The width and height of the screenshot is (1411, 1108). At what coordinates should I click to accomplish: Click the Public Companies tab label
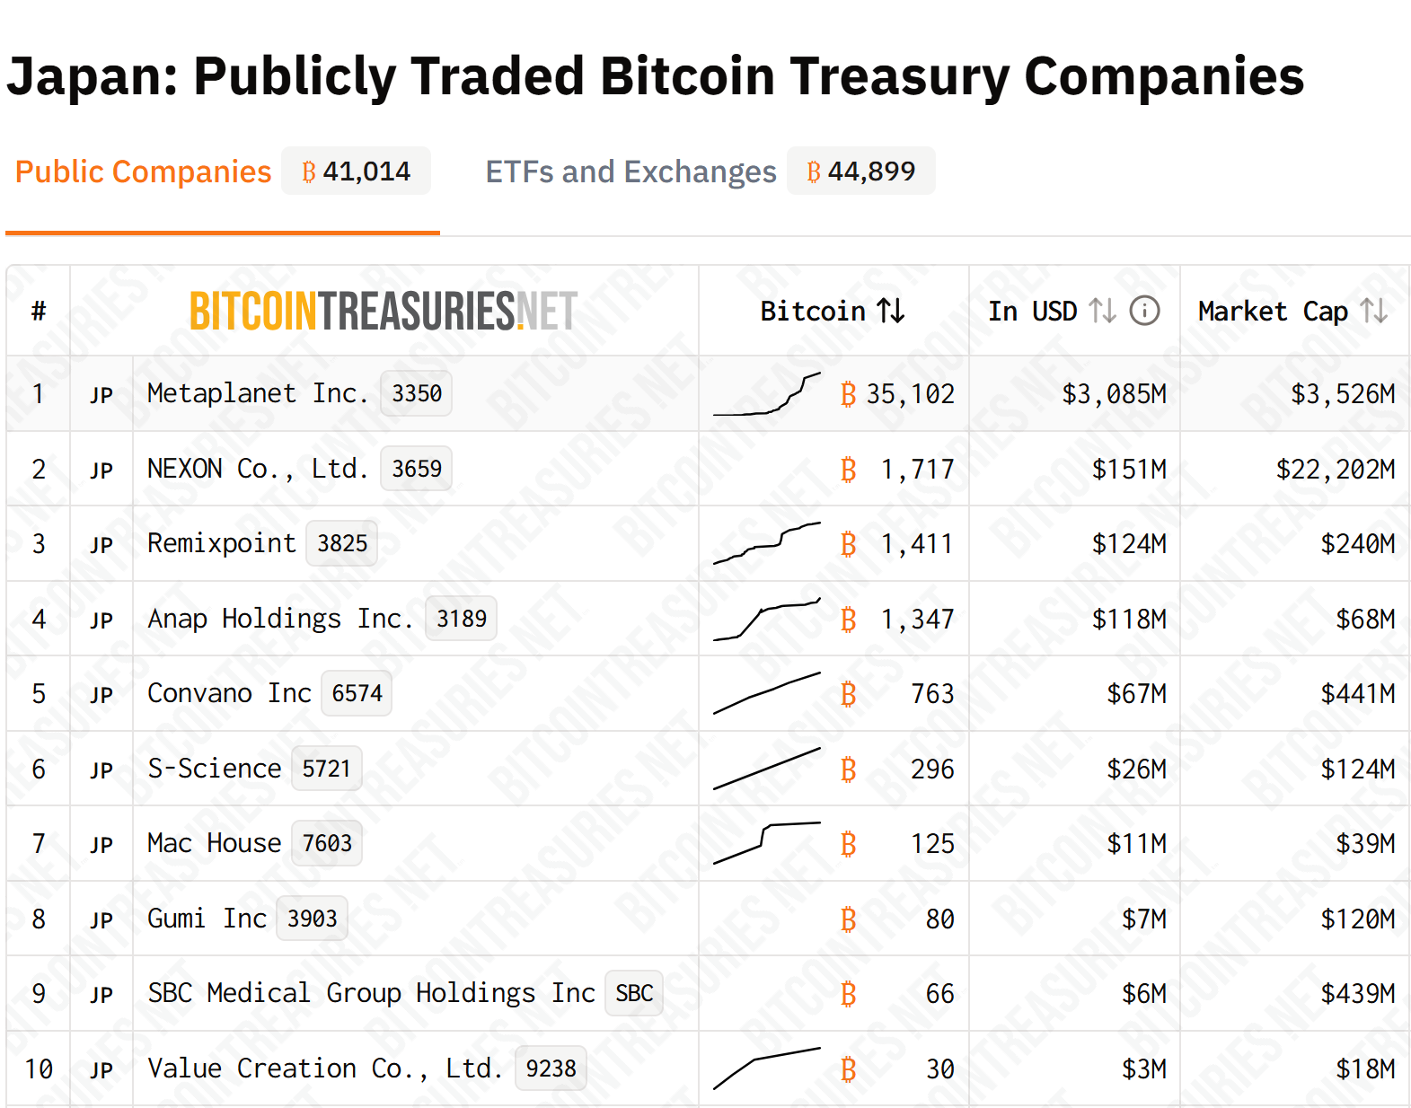[143, 171]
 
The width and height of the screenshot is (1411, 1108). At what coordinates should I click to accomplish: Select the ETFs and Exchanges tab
[631, 171]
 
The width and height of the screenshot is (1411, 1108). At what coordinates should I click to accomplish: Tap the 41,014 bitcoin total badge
[357, 171]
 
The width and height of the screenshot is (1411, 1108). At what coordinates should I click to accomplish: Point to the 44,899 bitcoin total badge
[861, 171]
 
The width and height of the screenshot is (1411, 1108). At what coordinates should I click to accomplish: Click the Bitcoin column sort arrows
[891, 311]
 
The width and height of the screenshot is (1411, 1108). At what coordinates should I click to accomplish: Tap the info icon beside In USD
[1144, 311]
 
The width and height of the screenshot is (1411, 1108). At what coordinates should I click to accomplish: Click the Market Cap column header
[1273, 312]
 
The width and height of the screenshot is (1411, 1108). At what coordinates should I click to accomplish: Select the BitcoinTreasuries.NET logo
[384, 312]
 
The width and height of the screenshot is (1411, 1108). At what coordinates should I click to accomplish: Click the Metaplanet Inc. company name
[258, 393]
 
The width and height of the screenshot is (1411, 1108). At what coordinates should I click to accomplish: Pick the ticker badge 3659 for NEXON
[417, 469]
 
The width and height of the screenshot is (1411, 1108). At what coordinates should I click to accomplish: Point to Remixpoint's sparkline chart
[767, 543]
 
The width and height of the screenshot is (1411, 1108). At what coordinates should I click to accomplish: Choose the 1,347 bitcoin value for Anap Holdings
[917, 619]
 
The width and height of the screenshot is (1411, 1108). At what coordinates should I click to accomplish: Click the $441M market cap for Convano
[1357, 693]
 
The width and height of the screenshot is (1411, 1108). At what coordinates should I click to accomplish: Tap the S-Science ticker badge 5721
[326, 769]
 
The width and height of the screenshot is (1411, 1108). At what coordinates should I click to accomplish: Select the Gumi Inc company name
[207, 919]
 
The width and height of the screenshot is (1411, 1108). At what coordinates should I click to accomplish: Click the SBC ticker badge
[634, 993]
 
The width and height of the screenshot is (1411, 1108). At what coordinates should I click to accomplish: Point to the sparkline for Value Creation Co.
[767, 1068]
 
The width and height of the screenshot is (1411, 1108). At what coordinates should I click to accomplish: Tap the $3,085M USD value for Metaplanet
[1114, 393]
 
